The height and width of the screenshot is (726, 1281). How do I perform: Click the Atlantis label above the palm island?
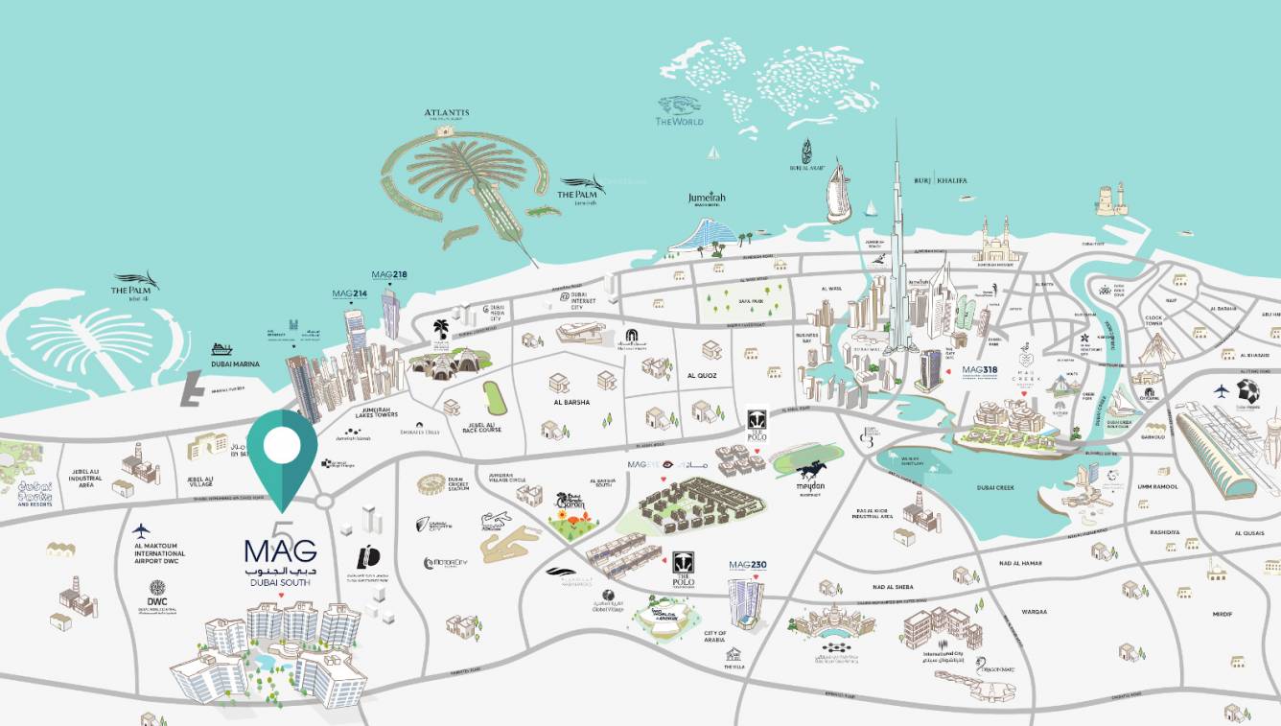click(447, 113)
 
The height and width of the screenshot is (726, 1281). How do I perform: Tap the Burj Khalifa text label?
click(941, 180)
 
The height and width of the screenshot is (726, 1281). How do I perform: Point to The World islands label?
click(679, 122)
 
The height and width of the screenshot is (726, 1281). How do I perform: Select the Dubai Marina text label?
click(236, 363)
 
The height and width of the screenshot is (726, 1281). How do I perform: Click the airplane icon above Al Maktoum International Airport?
click(142, 530)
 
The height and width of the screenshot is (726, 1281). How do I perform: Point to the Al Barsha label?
click(571, 403)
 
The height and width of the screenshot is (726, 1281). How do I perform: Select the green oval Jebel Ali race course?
click(493, 397)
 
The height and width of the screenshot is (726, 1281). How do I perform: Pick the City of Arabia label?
click(714, 638)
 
